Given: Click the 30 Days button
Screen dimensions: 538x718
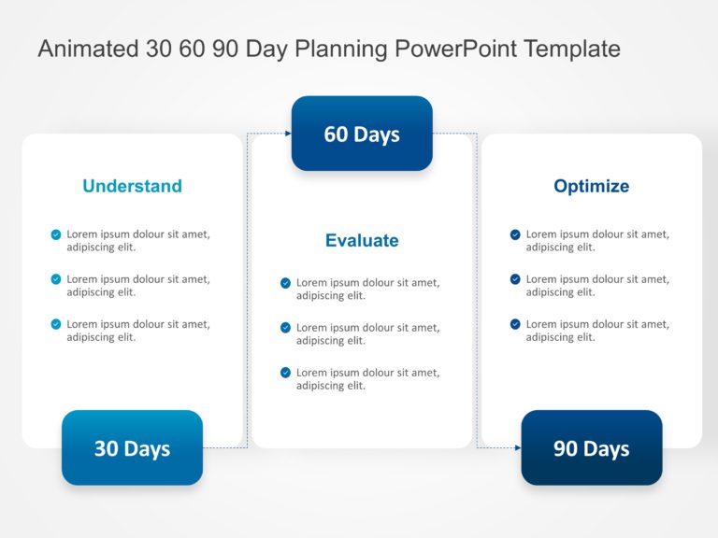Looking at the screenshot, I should tap(132, 448).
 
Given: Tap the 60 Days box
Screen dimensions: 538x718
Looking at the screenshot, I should tap(362, 134).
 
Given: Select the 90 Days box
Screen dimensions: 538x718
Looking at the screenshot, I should tap(591, 448).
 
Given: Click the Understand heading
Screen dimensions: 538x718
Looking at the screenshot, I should tap(132, 186).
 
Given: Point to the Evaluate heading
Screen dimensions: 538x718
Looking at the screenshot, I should tap(362, 240).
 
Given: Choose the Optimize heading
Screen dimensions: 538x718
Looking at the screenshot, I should tap(591, 186).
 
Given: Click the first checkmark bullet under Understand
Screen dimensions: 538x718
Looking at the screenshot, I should tap(56, 234).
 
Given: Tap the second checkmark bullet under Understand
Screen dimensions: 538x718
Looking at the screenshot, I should tap(56, 279).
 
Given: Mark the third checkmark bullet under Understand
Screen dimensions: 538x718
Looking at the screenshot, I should tap(56, 324).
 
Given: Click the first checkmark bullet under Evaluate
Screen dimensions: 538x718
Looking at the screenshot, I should tap(285, 283).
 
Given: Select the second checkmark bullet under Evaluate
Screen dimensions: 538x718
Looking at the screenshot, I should tap(285, 328).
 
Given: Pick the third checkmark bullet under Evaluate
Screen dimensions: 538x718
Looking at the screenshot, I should tap(285, 373).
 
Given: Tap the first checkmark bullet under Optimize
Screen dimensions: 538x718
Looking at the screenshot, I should tap(515, 234).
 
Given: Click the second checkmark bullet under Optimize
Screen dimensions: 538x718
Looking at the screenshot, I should tap(515, 279).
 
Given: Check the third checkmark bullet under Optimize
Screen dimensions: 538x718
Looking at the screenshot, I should tap(515, 324).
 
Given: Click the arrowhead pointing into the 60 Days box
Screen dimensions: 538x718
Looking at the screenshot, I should tap(288, 134).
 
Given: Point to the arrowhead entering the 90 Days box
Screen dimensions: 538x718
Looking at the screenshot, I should tap(518, 448).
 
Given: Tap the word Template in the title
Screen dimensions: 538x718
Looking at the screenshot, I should tap(572, 49).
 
